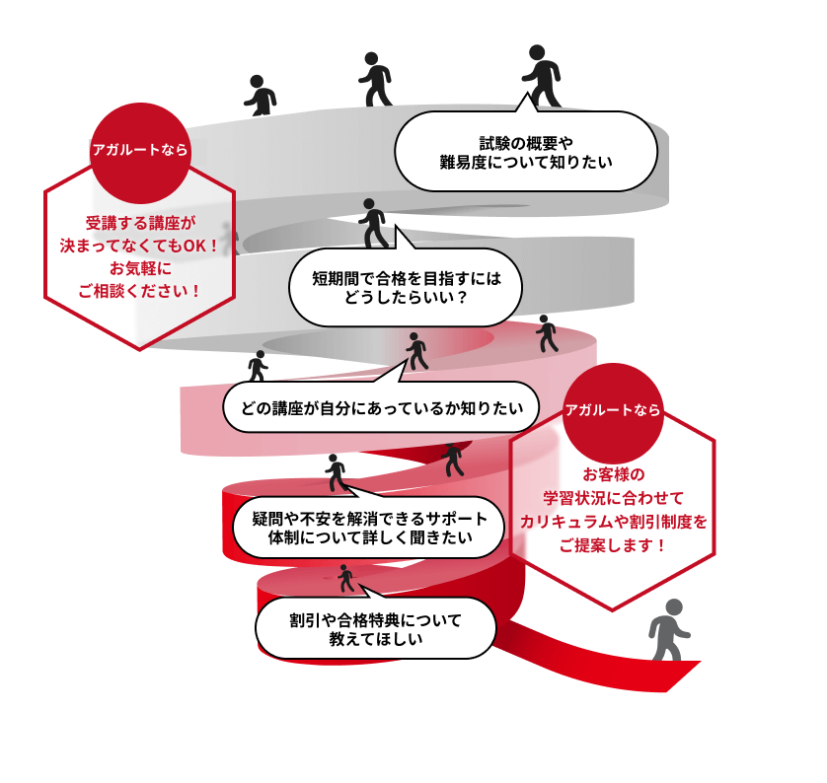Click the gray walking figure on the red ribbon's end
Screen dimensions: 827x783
click(x=669, y=630)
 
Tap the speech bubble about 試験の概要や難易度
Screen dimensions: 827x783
click(x=526, y=151)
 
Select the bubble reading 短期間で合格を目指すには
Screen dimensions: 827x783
click(x=406, y=287)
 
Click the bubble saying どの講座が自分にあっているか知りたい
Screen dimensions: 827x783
click(x=381, y=406)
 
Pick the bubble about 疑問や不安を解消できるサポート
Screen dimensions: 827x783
click(x=369, y=528)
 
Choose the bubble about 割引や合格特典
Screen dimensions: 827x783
click(x=376, y=627)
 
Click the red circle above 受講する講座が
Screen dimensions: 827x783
click(x=140, y=153)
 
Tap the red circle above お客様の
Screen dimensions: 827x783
click(x=612, y=413)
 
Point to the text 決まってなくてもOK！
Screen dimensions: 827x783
click(x=139, y=246)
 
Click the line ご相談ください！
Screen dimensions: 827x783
click(x=139, y=291)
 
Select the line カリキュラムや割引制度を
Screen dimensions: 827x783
click(x=614, y=522)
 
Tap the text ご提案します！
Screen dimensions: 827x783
click(x=612, y=544)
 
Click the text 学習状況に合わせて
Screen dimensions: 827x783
click(x=613, y=498)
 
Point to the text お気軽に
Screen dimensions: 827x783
click(x=140, y=268)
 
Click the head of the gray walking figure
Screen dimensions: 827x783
click(x=674, y=606)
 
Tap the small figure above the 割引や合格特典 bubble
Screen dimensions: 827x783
click(x=345, y=578)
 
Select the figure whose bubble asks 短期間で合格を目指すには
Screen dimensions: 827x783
click(x=373, y=224)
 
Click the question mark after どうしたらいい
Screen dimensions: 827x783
click(x=462, y=298)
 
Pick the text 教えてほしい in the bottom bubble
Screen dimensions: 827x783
click(x=376, y=639)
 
